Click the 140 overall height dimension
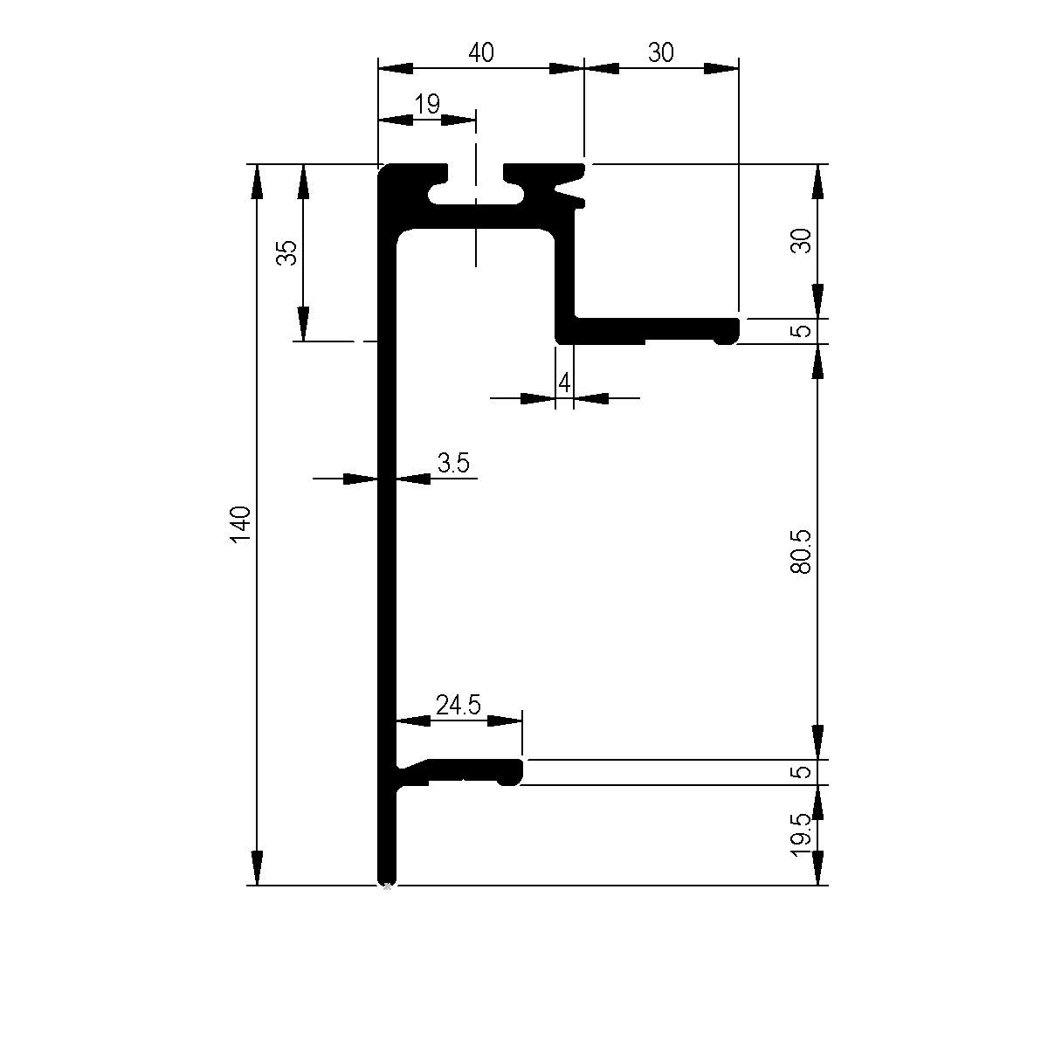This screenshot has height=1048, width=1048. [240, 524]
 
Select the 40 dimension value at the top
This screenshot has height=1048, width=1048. [481, 52]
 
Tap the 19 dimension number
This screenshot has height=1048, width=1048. [427, 104]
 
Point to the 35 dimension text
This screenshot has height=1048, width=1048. [286, 252]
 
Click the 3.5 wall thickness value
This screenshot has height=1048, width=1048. [453, 463]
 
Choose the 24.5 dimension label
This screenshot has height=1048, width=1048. [458, 706]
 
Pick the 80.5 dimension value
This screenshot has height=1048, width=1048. [801, 552]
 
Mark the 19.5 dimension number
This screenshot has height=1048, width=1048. [801, 836]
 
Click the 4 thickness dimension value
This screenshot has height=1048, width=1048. [564, 383]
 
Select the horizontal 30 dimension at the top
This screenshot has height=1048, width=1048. [661, 52]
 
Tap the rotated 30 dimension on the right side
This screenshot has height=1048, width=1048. [801, 240]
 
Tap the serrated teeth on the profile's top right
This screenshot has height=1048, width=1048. [569, 188]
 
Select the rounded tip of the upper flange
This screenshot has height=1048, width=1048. [728, 331]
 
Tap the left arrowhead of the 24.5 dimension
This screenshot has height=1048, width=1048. [413, 721]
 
